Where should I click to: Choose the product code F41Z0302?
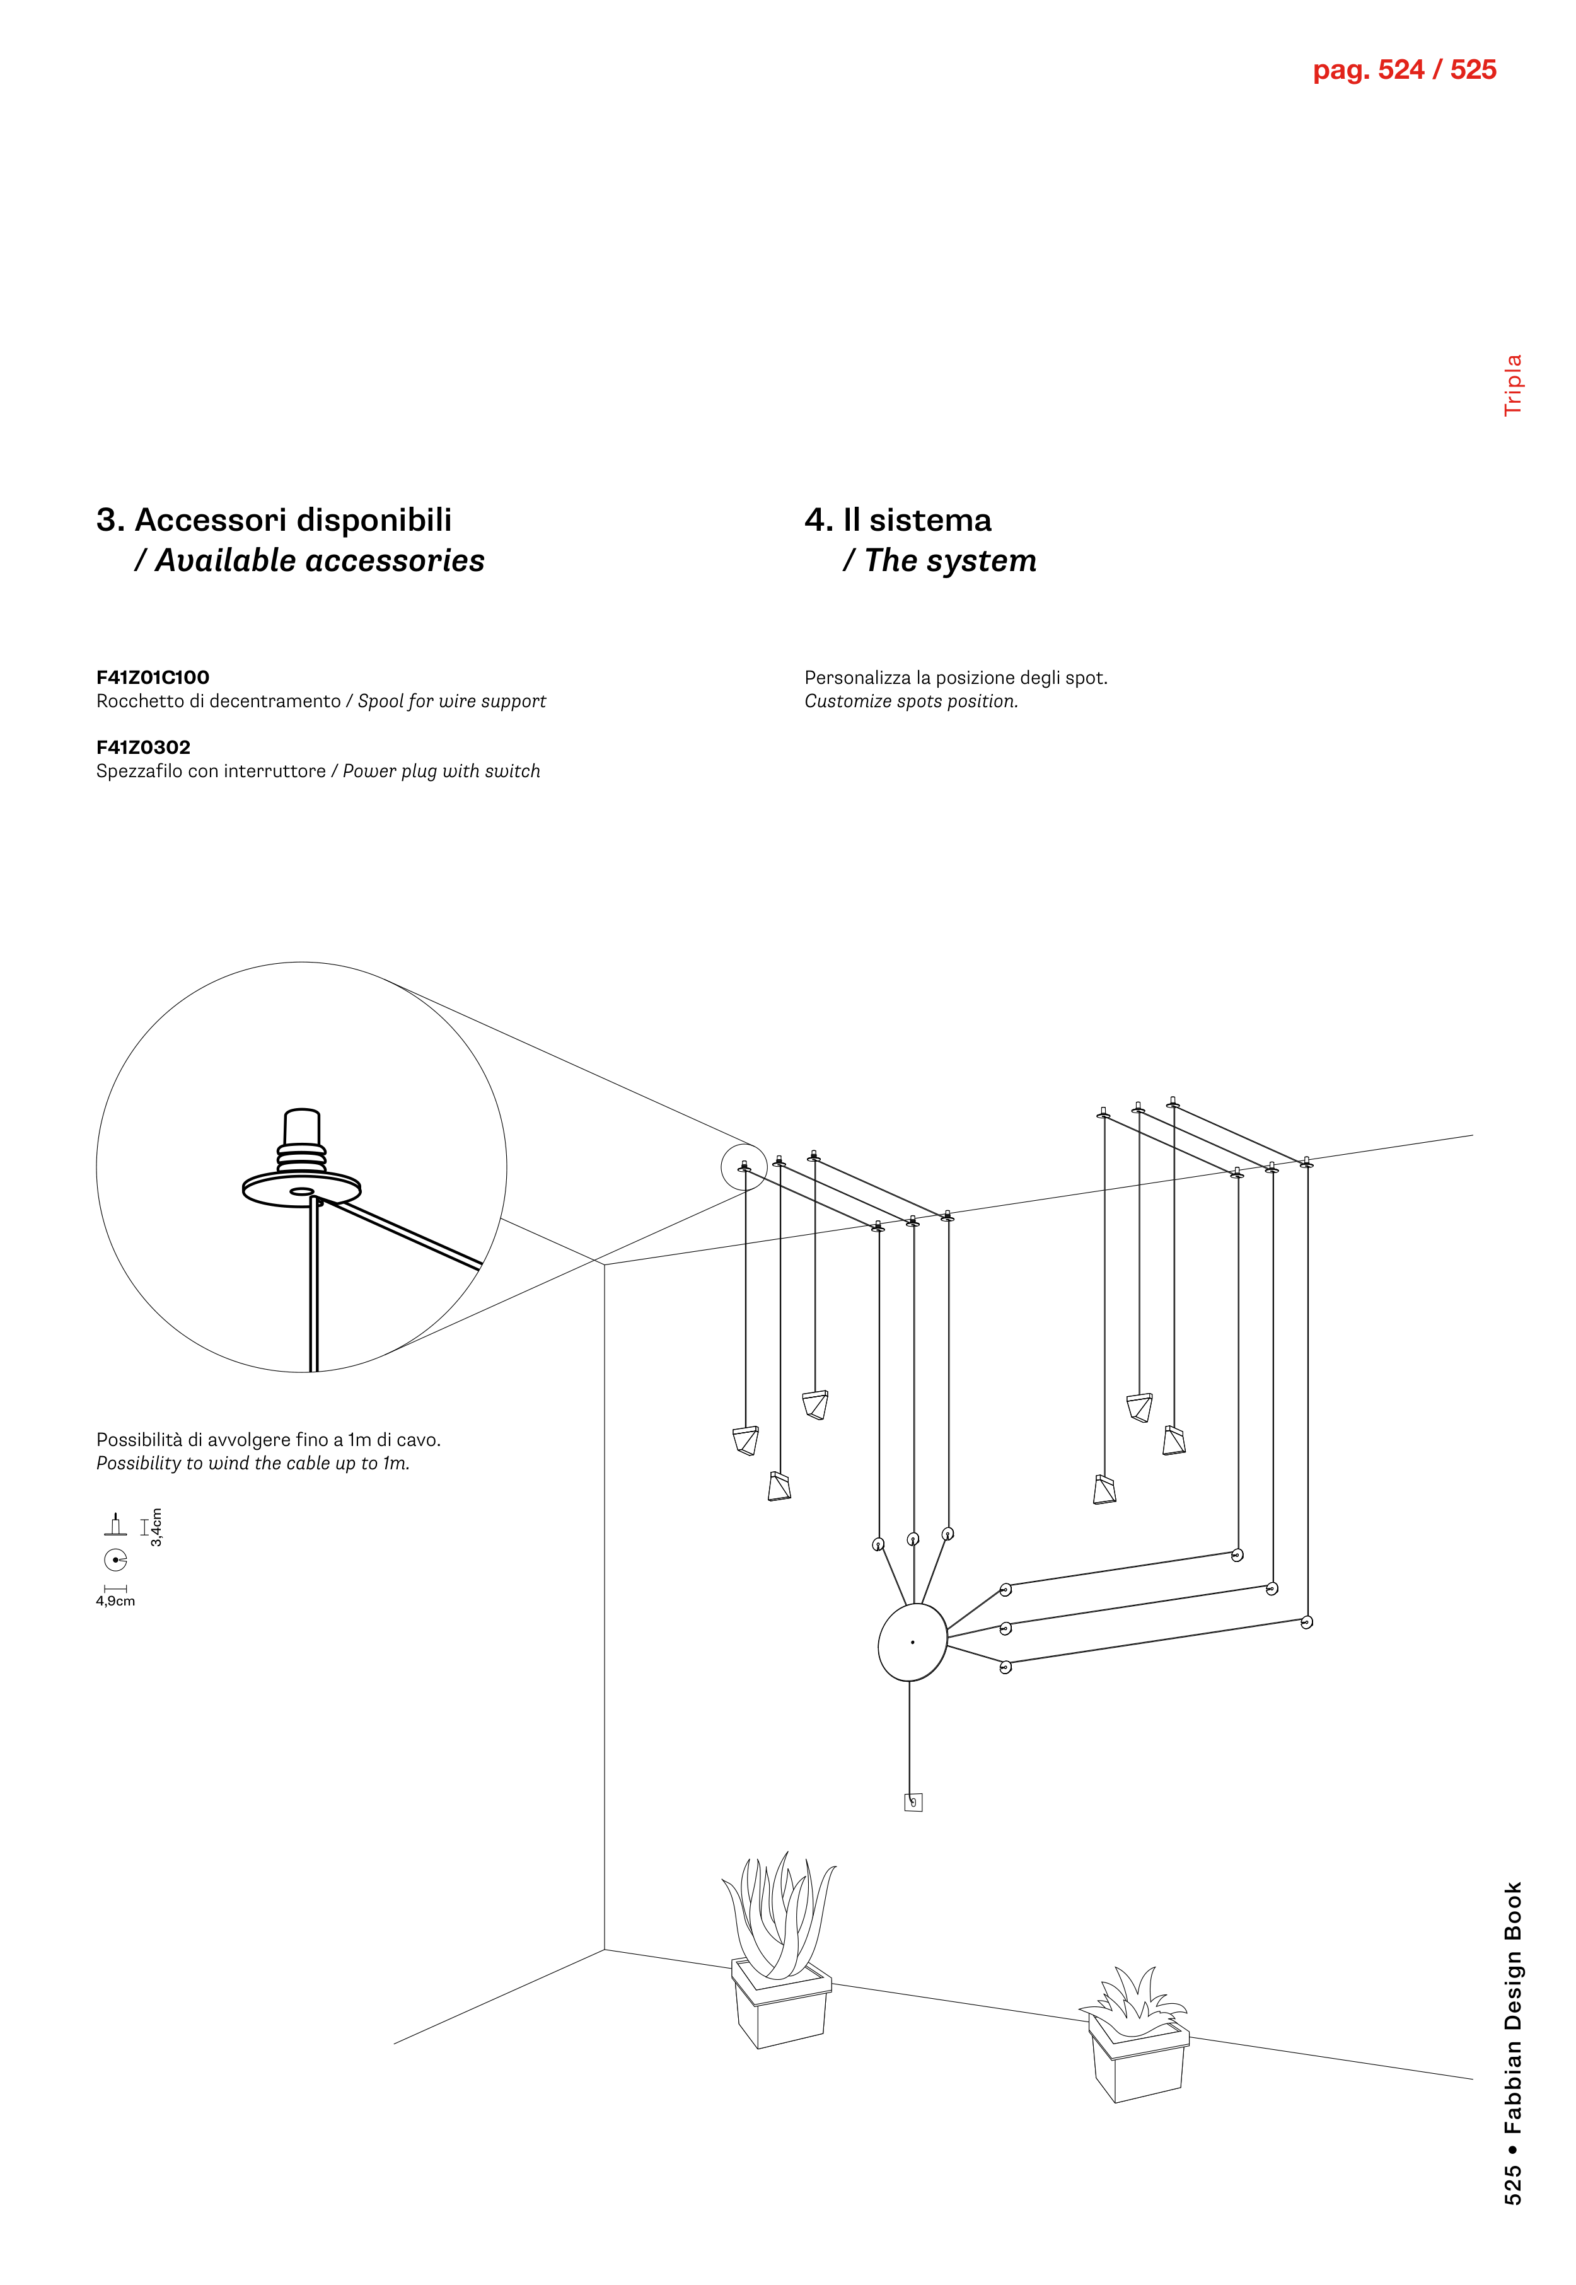click(x=143, y=748)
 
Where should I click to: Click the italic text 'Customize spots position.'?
click(x=910, y=702)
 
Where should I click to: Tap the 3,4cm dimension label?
click(x=156, y=1527)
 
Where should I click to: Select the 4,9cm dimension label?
click(x=115, y=1602)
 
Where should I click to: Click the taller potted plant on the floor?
click(x=780, y=1955)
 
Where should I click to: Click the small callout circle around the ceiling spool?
click(x=744, y=1167)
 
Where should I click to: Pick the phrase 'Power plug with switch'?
click(x=441, y=771)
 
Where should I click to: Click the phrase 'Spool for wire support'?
click(x=451, y=701)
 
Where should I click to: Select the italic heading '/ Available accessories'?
click(x=309, y=561)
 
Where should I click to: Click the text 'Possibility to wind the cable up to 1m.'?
click(x=253, y=1464)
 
